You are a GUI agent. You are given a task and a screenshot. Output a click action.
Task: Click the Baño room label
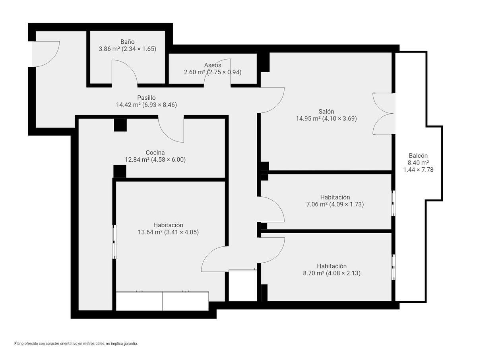(x=127, y=41)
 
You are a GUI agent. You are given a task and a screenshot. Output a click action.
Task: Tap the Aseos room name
(x=213, y=65)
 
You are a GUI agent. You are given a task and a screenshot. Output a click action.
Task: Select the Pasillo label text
(x=146, y=97)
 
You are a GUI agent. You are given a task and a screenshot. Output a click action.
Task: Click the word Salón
(x=326, y=111)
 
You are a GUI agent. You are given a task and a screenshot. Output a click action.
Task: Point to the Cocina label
(x=155, y=153)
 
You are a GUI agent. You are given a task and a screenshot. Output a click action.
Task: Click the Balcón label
(x=418, y=155)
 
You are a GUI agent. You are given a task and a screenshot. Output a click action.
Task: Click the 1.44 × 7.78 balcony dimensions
(x=418, y=170)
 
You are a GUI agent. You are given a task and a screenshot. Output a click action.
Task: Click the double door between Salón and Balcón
(x=384, y=114)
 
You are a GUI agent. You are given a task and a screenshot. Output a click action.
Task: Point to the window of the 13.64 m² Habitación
(x=114, y=242)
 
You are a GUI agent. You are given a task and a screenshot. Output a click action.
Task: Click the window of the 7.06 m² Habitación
(x=393, y=203)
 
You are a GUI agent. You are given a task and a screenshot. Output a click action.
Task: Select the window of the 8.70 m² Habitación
(x=393, y=267)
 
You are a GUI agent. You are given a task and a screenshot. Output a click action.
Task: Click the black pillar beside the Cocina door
(x=120, y=125)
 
